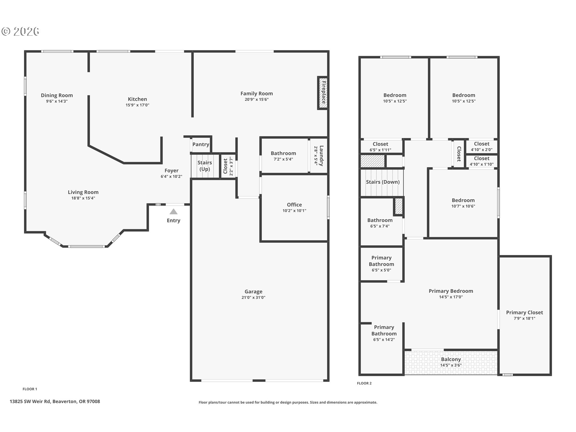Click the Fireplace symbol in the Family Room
(x=323, y=93)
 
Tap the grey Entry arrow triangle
(x=173, y=212)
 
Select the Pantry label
(x=201, y=144)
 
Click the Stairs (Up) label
(x=205, y=166)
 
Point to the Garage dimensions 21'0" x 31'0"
(x=253, y=298)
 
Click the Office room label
(x=294, y=205)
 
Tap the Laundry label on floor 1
(x=321, y=155)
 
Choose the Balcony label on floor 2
(x=451, y=359)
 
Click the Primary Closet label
(x=524, y=313)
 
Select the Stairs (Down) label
(x=382, y=182)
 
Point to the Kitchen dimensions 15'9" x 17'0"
(x=137, y=105)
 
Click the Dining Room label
(x=57, y=95)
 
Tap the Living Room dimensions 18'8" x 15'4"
(x=83, y=198)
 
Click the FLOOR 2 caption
(x=364, y=383)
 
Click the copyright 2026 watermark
(x=20, y=31)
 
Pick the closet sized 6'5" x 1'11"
(x=380, y=147)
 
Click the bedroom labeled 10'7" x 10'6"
(x=463, y=203)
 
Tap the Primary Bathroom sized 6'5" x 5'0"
(x=381, y=264)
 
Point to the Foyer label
(x=171, y=171)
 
